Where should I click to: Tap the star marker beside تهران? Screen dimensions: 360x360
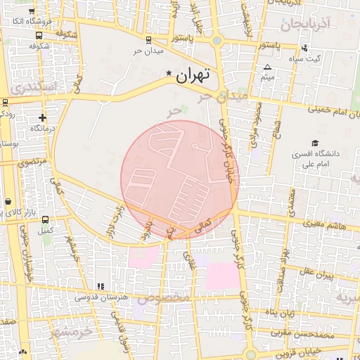coord(168,73)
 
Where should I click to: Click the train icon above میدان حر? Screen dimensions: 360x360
coord(148,40)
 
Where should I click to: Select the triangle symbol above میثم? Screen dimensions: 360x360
coord(267,67)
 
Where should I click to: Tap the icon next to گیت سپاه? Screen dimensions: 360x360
coord(304,49)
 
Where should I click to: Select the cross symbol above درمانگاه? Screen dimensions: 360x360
coord(43,117)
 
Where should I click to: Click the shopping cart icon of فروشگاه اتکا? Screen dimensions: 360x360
coord(32,11)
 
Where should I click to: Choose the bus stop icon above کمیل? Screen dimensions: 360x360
coord(46,219)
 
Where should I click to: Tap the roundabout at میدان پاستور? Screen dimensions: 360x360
coord(217,40)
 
